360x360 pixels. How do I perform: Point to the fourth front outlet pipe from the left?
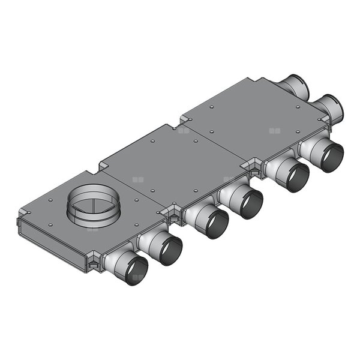coord(242,201)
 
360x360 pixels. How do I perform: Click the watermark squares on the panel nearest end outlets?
coord(274,130)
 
